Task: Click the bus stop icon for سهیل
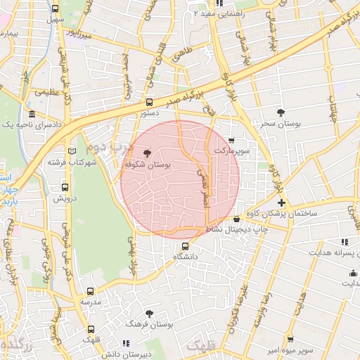[56, 9]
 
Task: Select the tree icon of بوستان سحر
[281, 112]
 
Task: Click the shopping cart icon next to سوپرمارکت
[231, 140]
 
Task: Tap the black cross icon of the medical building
[281, 202]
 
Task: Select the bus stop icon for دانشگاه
[186, 246]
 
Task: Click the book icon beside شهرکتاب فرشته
[70, 150]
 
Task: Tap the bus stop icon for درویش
[65, 188]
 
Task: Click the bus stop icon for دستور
[148, 102]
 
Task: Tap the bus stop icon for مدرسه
[90, 291]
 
